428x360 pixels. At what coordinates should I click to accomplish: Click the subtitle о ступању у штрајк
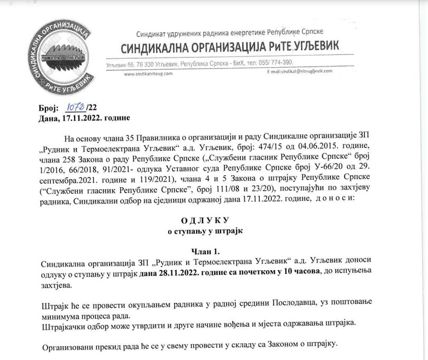click(x=204, y=232)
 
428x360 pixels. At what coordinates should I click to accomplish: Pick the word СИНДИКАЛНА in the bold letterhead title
click(x=155, y=48)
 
